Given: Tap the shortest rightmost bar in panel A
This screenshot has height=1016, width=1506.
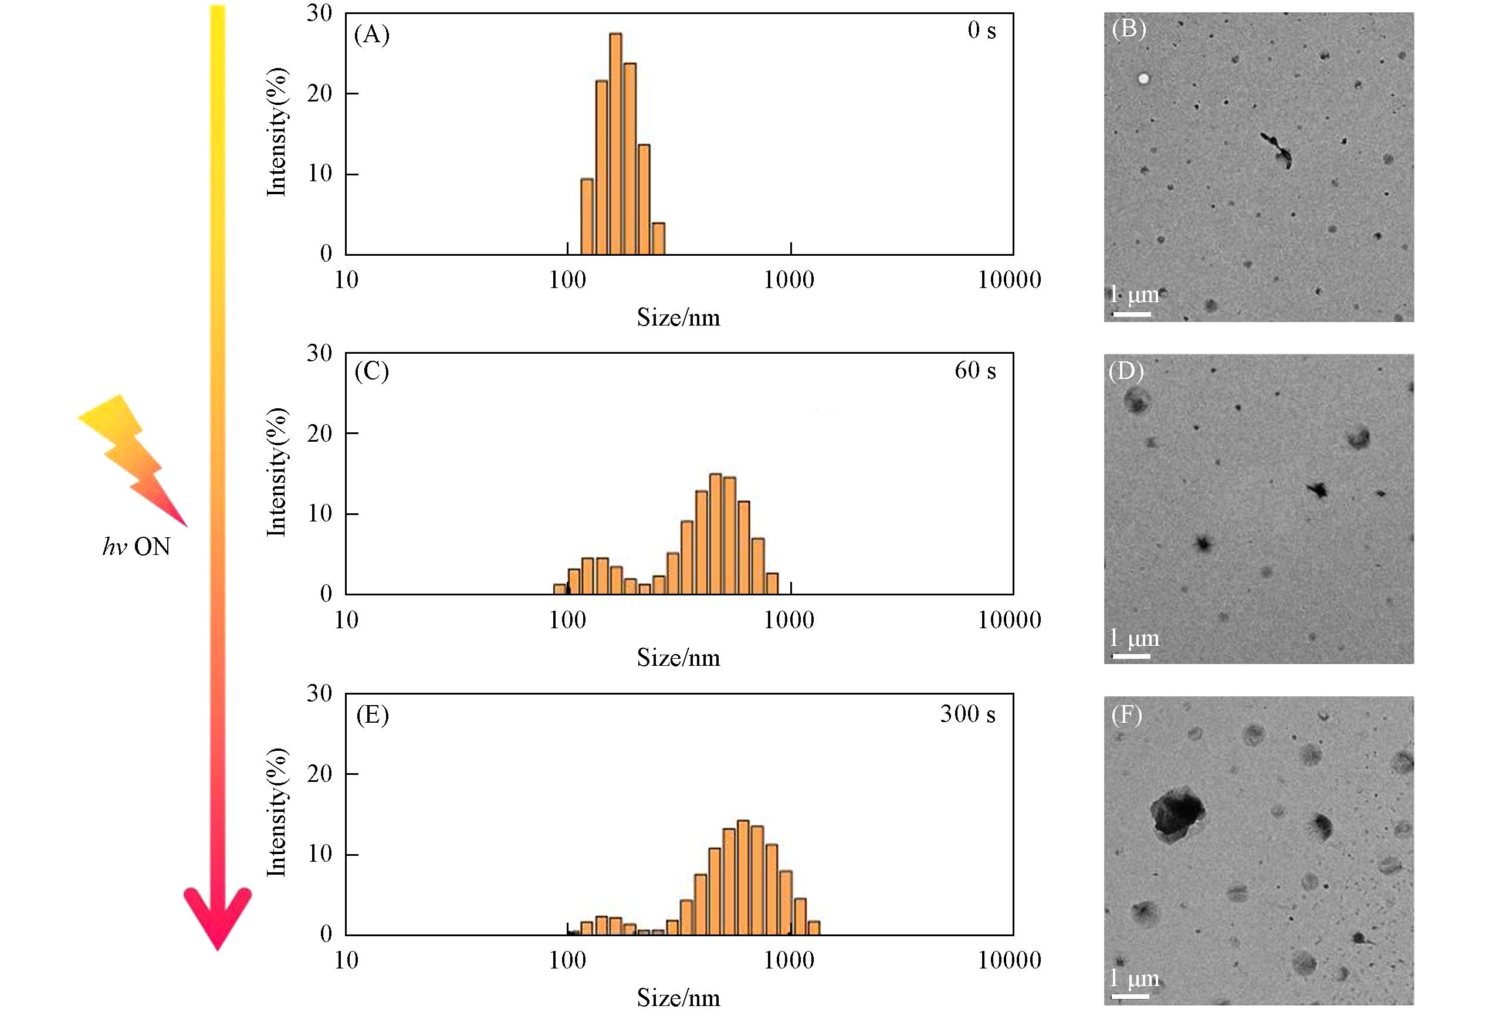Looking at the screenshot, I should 658,239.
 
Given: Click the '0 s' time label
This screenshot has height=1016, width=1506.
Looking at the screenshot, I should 981,31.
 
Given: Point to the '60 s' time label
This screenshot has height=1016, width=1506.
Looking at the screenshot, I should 974,371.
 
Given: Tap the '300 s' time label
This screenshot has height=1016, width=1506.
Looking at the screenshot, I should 967,714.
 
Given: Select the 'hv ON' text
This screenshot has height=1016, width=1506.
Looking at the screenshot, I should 136,547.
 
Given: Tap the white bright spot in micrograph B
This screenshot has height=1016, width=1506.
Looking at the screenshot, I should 1144,79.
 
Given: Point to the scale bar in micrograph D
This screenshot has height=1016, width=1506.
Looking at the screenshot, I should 1132,656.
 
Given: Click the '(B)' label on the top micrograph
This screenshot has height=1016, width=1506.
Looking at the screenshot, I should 1128,30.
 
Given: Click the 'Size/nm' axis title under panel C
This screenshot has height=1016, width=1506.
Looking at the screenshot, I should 678,658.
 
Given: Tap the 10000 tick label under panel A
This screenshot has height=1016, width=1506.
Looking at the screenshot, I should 1009,280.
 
